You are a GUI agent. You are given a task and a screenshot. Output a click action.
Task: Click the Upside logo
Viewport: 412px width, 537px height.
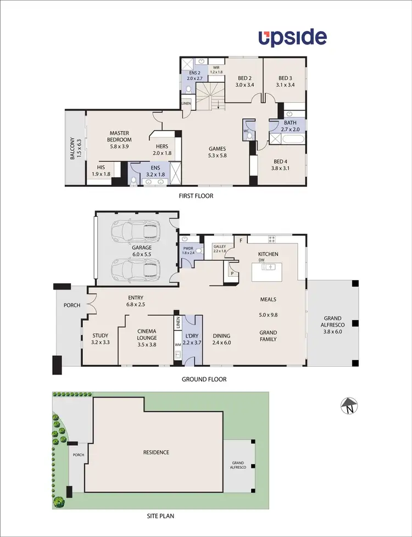point(293,38)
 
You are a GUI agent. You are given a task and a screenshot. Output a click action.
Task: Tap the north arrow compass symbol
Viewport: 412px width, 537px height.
point(348,406)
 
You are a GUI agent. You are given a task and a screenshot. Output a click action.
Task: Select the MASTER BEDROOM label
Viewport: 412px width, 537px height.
point(119,136)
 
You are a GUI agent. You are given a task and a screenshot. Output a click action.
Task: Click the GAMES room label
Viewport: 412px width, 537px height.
point(217,152)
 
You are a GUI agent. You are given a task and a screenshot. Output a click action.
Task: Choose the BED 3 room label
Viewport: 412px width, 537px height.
point(287,81)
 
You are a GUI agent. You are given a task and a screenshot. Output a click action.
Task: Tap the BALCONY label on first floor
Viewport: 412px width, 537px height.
point(75,149)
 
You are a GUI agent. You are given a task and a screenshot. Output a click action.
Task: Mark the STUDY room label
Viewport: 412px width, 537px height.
point(100,339)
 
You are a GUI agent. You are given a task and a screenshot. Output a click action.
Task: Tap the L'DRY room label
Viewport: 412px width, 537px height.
point(192,339)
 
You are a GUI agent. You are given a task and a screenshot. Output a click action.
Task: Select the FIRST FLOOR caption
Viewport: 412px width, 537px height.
point(196,195)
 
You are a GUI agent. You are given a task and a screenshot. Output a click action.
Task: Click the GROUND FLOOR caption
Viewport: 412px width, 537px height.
point(204,379)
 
